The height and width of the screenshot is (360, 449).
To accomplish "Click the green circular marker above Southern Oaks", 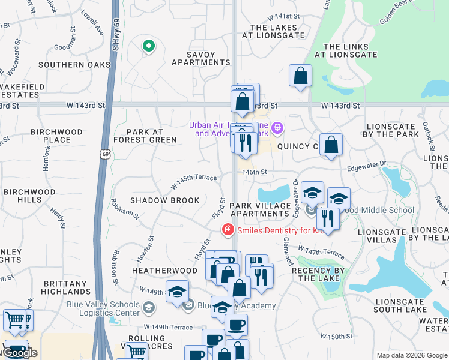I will (x=148, y=46).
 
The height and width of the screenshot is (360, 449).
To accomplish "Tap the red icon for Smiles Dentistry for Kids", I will (x=228, y=229).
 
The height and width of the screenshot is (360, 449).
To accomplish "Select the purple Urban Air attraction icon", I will (x=277, y=127).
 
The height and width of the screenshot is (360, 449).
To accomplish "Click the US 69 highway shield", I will (x=104, y=155).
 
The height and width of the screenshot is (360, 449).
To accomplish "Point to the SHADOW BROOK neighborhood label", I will (x=164, y=200).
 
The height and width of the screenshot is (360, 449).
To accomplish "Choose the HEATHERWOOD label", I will (x=164, y=271).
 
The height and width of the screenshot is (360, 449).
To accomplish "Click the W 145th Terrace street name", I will (x=193, y=179).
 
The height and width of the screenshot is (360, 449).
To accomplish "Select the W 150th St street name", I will (x=336, y=336).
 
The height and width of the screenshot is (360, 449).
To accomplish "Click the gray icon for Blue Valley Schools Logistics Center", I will (x=149, y=308).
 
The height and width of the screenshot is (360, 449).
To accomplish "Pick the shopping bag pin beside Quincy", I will (x=331, y=145).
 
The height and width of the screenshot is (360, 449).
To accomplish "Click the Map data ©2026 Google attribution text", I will (x=411, y=355).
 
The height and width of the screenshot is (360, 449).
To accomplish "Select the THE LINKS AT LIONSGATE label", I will (x=349, y=50).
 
